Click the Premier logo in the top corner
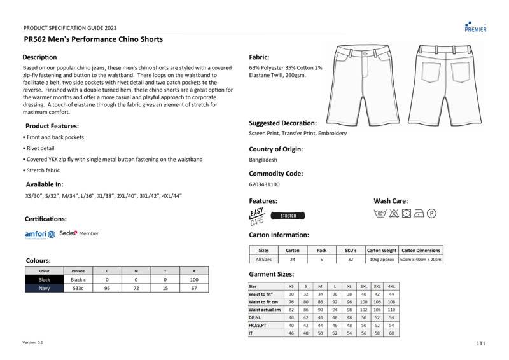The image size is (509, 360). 475,26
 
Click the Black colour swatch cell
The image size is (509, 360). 44,279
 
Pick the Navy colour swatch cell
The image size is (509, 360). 44,288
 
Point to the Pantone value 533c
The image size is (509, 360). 78,288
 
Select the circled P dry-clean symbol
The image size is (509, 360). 431,213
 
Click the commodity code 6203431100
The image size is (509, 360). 264,184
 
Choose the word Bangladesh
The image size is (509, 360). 263,160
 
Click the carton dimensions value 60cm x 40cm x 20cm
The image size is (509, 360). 421,260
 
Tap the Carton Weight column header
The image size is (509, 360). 382,250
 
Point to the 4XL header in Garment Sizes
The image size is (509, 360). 391,286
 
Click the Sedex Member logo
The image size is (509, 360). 79,233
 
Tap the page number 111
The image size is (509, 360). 480,343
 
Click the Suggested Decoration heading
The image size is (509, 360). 282,123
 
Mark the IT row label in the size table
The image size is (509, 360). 251,333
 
